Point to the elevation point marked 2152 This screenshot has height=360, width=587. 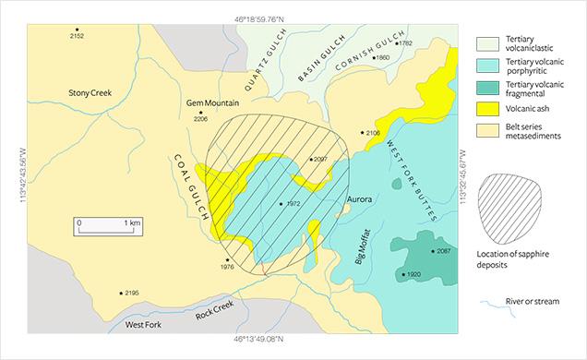77,30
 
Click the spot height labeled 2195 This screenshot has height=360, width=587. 122,293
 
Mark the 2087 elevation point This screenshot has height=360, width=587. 431,251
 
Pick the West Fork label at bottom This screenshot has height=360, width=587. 144,326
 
